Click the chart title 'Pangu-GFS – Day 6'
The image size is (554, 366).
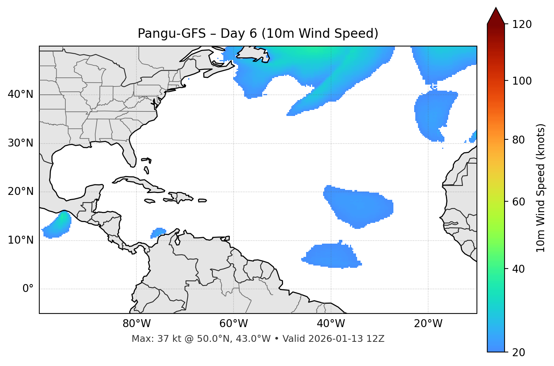(x=258, y=34)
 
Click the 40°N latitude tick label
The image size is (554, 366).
(x=20, y=94)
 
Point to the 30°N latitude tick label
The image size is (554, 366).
(x=20, y=143)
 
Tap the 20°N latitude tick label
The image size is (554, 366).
(x=20, y=191)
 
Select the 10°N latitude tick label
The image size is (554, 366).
(x=20, y=240)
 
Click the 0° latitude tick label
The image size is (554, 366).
(x=28, y=289)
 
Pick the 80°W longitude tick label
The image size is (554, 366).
(x=136, y=324)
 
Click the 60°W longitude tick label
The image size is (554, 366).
(x=234, y=324)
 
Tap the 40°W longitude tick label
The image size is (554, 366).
(x=331, y=324)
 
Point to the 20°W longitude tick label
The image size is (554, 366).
(x=428, y=324)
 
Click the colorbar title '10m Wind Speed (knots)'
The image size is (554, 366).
(x=541, y=188)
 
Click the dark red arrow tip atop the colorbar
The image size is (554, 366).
(x=496, y=15)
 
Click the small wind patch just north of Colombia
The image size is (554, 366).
(x=158, y=232)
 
